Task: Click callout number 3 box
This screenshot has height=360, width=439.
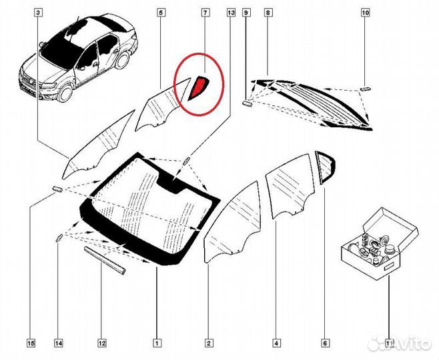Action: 38,13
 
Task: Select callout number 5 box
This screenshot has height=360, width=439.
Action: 161,13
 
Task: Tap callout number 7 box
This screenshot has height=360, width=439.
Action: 205,13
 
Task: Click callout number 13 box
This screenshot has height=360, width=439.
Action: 231,13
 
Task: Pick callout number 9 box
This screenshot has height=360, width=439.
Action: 246,13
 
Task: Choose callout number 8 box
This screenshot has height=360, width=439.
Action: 268,13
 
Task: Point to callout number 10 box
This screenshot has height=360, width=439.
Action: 365,13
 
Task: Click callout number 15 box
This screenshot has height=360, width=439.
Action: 31,344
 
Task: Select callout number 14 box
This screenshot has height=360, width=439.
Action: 59,344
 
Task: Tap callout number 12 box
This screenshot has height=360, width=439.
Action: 101,344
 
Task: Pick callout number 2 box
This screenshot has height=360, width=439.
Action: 208,344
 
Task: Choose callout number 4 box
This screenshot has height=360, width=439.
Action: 276,344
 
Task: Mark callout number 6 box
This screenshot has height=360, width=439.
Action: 324,344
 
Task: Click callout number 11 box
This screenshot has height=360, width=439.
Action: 388,344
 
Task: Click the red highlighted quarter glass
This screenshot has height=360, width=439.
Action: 198,88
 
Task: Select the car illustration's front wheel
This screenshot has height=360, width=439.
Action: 65,91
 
